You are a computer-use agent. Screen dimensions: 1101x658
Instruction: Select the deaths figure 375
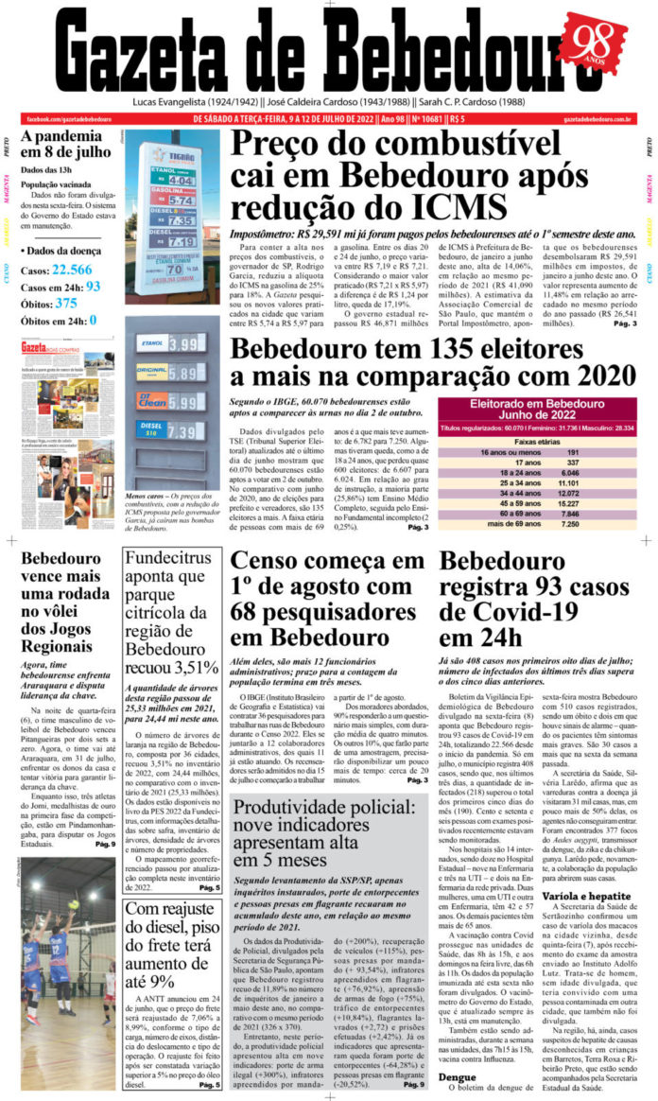tap(66, 303)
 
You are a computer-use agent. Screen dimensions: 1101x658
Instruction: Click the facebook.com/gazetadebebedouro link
tap(69, 119)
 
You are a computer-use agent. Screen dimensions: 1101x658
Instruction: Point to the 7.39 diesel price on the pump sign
tap(182, 430)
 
